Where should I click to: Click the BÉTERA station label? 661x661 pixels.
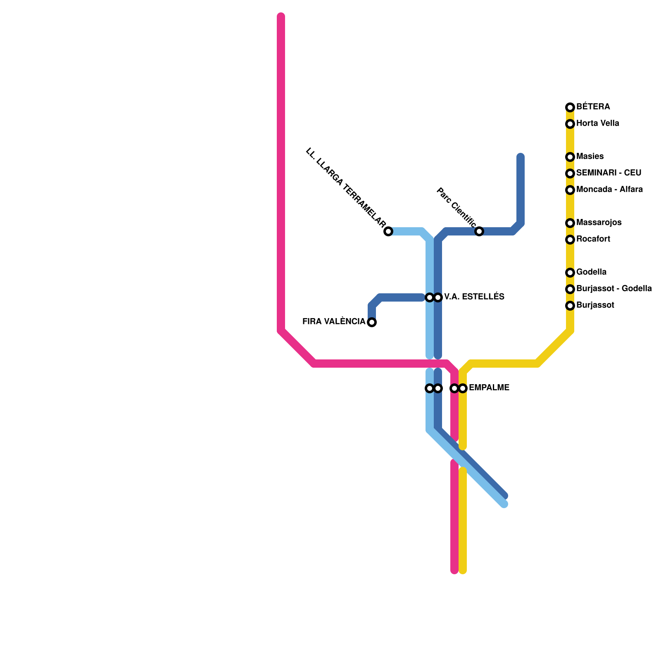point(593,107)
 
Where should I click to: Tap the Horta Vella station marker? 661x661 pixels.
point(570,124)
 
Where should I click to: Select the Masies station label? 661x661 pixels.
point(590,157)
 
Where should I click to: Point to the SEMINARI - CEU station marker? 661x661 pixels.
point(570,174)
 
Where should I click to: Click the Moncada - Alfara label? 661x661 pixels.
point(609,190)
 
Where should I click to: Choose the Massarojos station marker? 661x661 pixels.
point(570,223)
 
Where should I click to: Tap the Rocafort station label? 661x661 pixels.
point(593,239)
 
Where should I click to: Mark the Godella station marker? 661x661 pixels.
point(570,273)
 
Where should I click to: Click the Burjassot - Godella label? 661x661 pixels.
point(614,289)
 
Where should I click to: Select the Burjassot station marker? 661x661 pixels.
point(570,306)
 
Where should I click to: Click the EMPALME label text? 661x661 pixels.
point(489,388)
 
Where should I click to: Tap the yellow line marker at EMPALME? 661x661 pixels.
point(463,388)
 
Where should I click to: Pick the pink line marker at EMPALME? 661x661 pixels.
point(454,388)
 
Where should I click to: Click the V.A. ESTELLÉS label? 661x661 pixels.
point(474,297)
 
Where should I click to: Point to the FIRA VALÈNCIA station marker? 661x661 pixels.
point(372,322)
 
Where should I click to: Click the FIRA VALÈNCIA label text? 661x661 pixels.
point(334,322)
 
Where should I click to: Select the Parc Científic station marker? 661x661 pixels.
point(479,231)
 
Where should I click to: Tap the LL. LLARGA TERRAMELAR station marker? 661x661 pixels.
point(388,231)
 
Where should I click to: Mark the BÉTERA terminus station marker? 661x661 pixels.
point(570,107)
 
